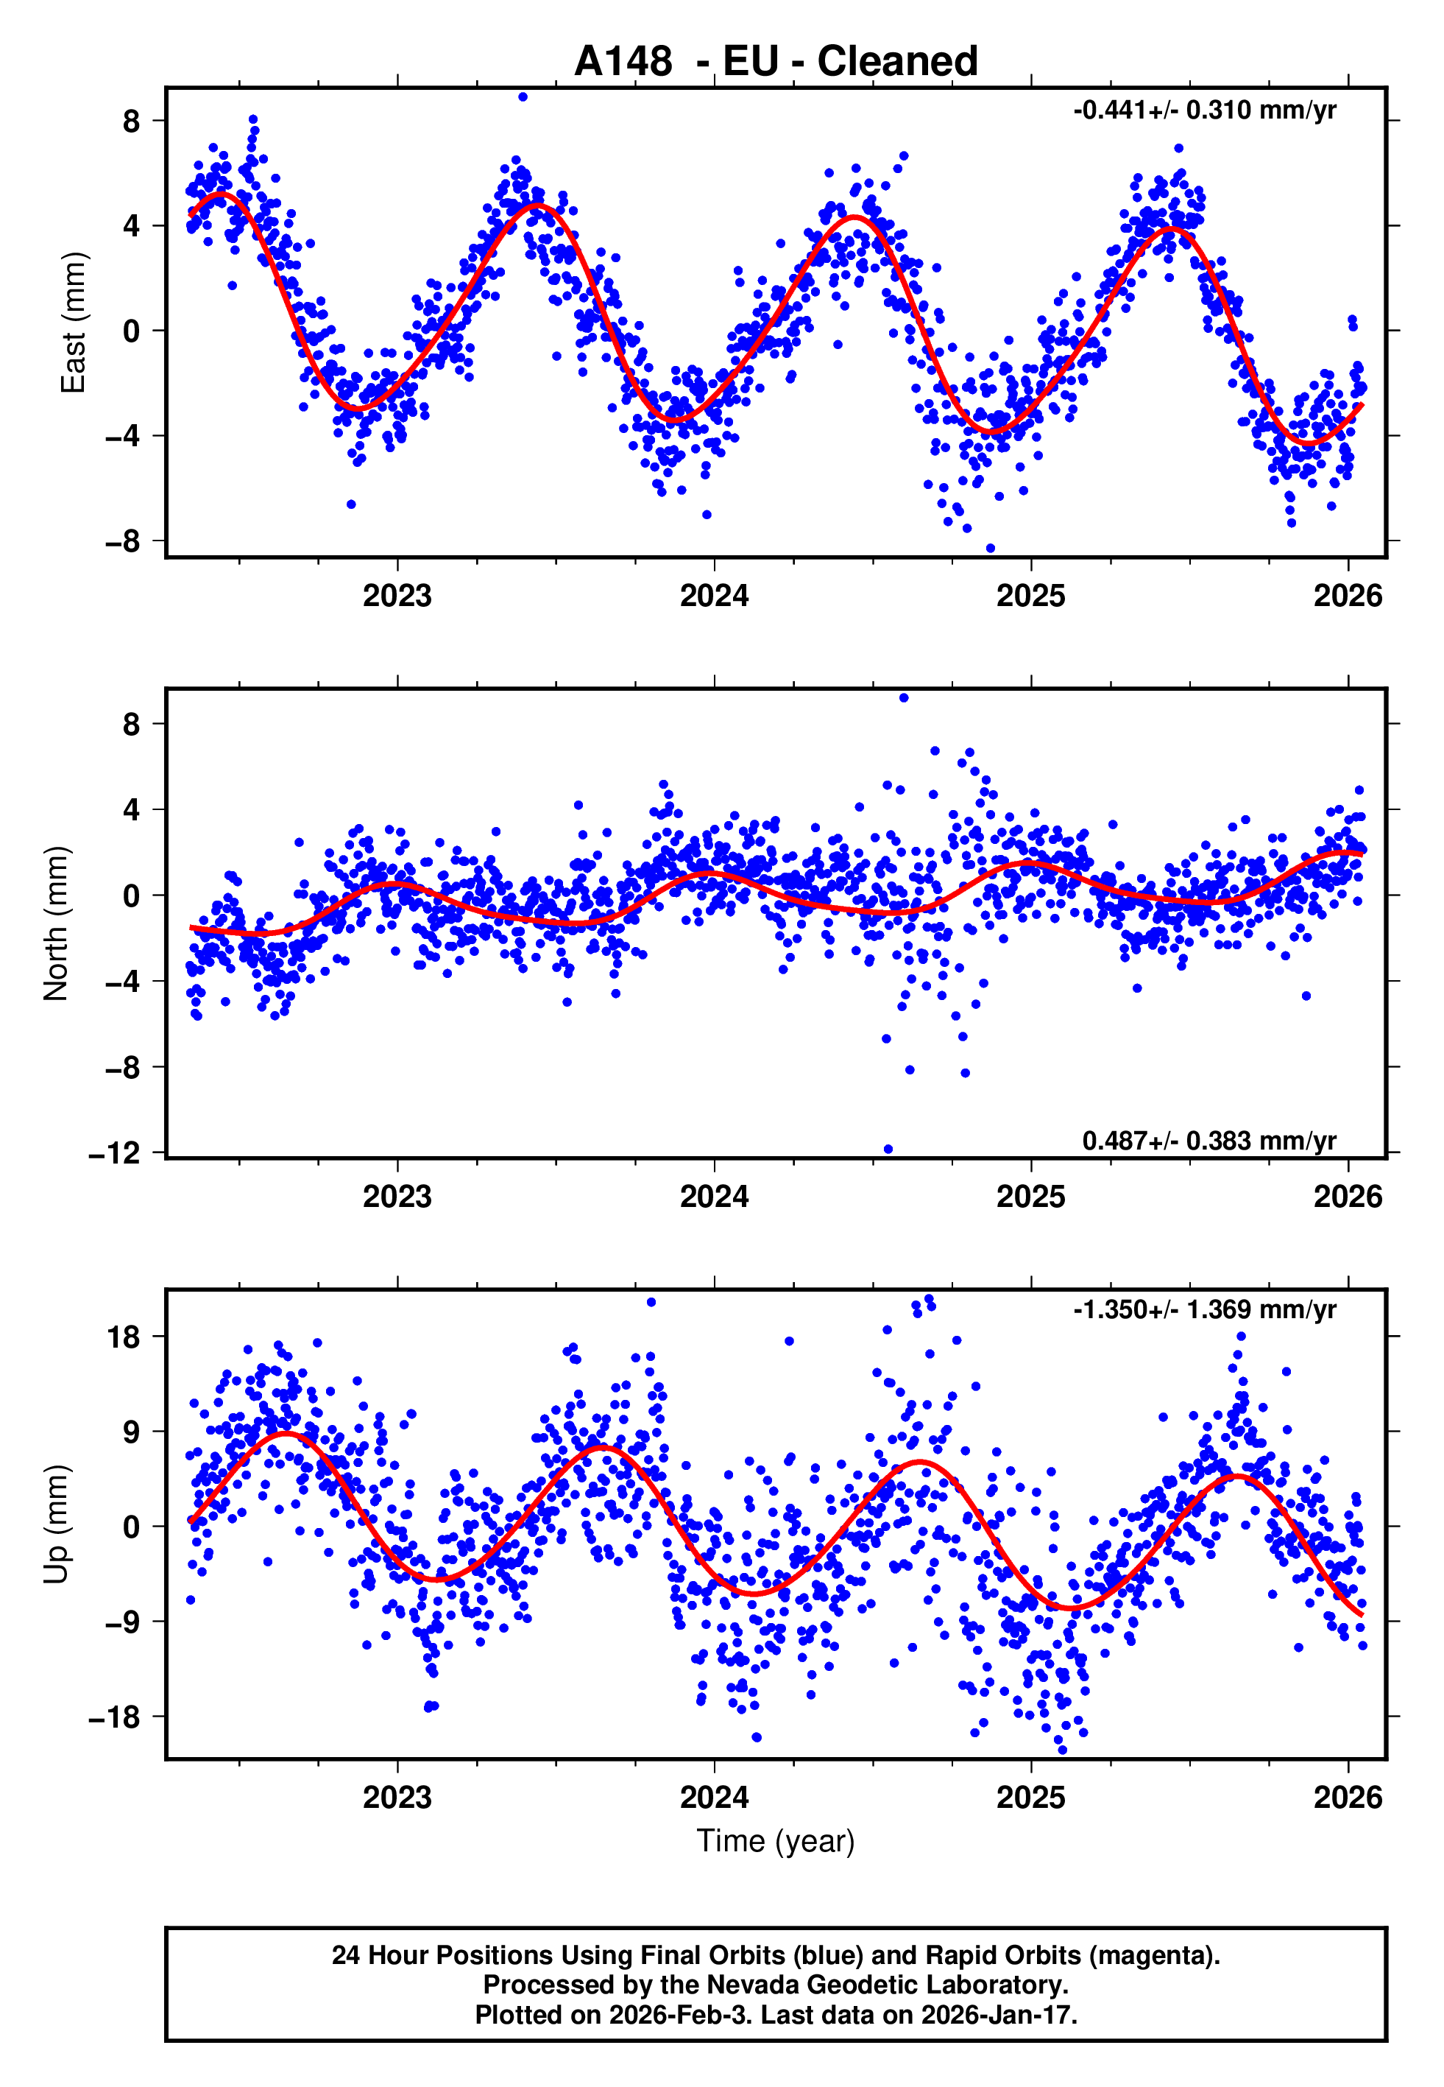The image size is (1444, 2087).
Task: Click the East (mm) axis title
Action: tap(72, 323)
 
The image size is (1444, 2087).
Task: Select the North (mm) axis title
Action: tap(55, 923)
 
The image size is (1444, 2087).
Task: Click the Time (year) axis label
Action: tap(776, 1841)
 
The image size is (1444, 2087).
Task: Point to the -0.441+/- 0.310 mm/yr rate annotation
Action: tap(1204, 110)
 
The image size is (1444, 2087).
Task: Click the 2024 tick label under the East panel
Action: tap(714, 596)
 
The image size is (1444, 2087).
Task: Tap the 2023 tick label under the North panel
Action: tap(397, 1197)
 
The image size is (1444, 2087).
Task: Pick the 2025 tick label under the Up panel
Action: tap(1030, 1797)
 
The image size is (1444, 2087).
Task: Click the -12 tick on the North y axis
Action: tap(115, 1154)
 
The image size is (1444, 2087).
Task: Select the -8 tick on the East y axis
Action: tap(122, 541)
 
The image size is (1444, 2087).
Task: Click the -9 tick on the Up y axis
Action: tap(122, 1621)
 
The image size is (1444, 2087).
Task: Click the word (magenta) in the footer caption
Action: tap(1153, 1955)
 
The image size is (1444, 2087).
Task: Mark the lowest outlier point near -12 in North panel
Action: tap(888, 1150)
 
